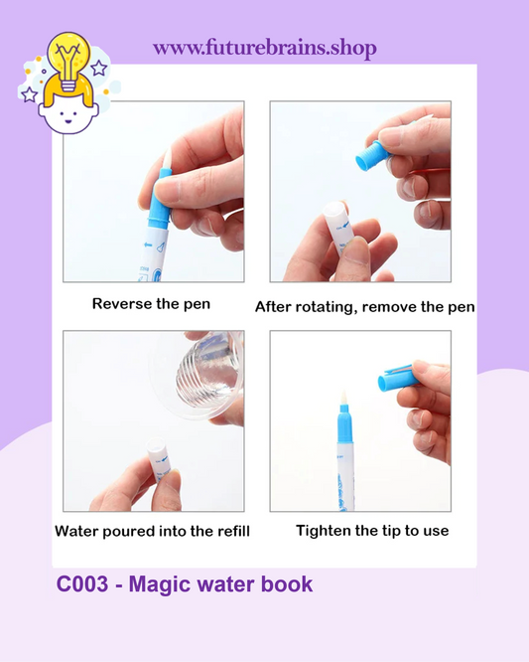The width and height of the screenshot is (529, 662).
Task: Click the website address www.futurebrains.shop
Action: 265,48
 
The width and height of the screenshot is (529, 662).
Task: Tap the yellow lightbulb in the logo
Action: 68,62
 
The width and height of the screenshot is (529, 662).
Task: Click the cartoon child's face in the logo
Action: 68,115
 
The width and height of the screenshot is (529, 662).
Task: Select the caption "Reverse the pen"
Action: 151,304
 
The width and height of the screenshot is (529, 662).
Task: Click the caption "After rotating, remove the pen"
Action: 365,307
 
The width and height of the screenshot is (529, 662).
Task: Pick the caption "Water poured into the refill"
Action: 152,531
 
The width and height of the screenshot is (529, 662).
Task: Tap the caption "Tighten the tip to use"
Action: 372,531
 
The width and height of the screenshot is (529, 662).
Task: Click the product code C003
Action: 82,584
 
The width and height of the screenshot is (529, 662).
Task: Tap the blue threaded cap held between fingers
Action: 372,156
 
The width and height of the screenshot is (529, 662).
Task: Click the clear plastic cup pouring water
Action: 198,375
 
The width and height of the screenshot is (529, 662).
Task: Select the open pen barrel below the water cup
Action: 159,457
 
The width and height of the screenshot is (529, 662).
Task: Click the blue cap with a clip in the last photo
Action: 398,378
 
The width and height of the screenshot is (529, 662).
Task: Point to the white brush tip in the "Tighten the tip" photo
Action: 344,399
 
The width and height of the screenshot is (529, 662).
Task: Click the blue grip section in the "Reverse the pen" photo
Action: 160,199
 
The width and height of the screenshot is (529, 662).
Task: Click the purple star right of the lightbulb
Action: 99,68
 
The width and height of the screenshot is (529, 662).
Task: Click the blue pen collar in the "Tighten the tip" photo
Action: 345,423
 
